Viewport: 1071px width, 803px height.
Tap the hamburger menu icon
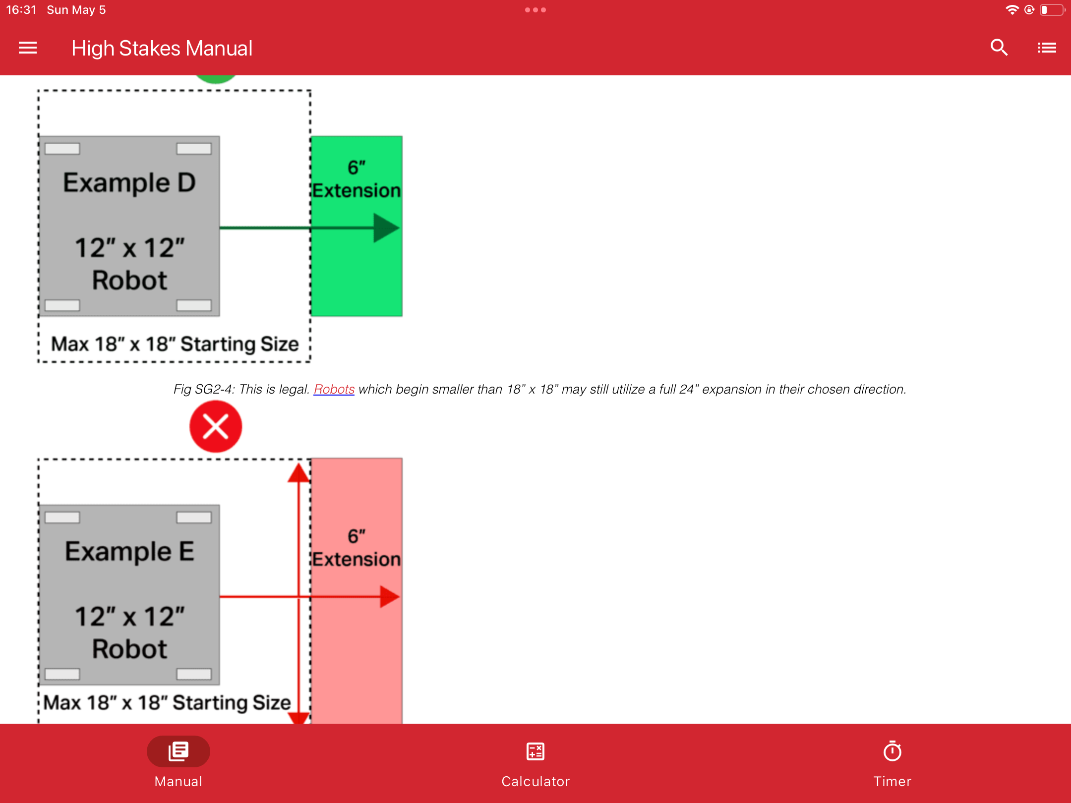[28, 48]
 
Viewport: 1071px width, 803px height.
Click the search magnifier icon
[999, 48]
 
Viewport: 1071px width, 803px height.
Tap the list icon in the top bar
[1047, 48]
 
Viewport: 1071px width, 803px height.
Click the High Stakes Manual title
[162, 49]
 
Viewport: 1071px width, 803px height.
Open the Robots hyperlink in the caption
[334, 389]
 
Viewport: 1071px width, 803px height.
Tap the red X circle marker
[216, 426]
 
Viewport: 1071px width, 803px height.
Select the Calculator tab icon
[535, 751]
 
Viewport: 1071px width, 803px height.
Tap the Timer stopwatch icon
[892, 751]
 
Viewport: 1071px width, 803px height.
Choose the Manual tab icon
[178, 751]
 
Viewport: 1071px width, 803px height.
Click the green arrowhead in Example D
[386, 228]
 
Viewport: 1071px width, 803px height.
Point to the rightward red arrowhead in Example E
[390, 597]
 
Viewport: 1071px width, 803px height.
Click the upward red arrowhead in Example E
[298, 473]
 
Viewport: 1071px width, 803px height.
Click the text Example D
[129, 183]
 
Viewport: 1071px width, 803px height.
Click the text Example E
[129, 552]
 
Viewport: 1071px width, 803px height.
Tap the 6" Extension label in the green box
[357, 179]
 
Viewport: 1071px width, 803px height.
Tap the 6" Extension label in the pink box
[357, 548]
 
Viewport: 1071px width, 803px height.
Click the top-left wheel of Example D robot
[62, 149]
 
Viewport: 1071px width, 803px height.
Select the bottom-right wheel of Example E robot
[194, 674]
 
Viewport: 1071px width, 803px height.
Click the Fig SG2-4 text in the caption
[204, 390]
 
